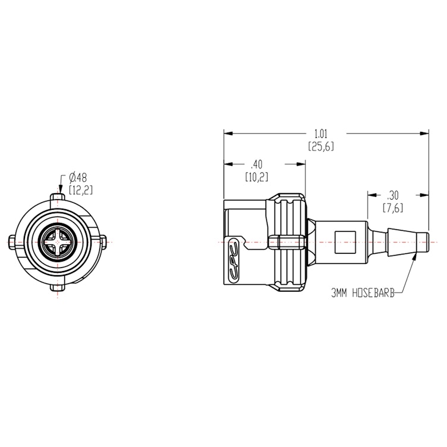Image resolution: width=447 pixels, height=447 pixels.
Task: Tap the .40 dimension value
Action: [x=256, y=164]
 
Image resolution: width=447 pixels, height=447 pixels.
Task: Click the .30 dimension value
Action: [x=393, y=195]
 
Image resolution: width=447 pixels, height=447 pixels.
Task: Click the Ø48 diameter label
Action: [x=78, y=177]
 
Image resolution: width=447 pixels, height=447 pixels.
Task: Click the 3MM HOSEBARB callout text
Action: [x=358, y=292]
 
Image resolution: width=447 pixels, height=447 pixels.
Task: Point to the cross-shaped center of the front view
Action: [x=58, y=243]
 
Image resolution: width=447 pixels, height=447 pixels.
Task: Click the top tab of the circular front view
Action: [x=58, y=196]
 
